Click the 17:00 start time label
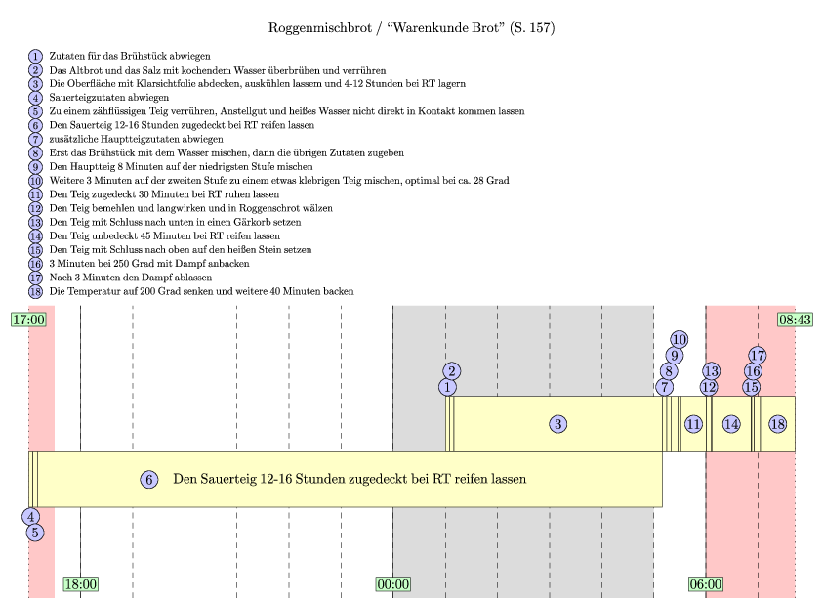pyautogui.click(x=29, y=320)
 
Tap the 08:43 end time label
pyautogui.click(x=795, y=320)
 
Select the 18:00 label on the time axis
pyautogui.click(x=81, y=584)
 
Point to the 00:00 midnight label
pyautogui.click(x=393, y=584)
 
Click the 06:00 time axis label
pyautogui.click(x=706, y=584)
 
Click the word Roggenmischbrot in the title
pyautogui.click(x=320, y=28)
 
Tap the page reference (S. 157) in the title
pyautogui.click(x=532, y=28)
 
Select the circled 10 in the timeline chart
pyautogui.click(x=679, y=340)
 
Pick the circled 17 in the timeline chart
pyautogui.click(x=758, y=356)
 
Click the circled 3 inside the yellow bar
pyautogui.click(x=558, y=424)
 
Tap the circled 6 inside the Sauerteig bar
pyautogui.click(x=149, y=479)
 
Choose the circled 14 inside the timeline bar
pyautogui.click(x=731, y=424)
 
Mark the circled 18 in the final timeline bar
pyautogui.click(x=778, y=424)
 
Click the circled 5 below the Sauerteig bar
pyautogui.click(x=35, y=533)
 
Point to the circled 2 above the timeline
pyautogui.click(x=451, y=371)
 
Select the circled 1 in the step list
pyautogui.click(x=35, y=57)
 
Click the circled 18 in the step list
pyautogui.click(x=35, y=292)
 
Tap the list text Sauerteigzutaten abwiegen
pyautogui.click(x=109, y=98)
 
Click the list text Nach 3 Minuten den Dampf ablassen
pyautogui.click(x=131, y=278)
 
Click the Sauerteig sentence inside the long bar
pyautogui.click(x=350, y=479)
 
